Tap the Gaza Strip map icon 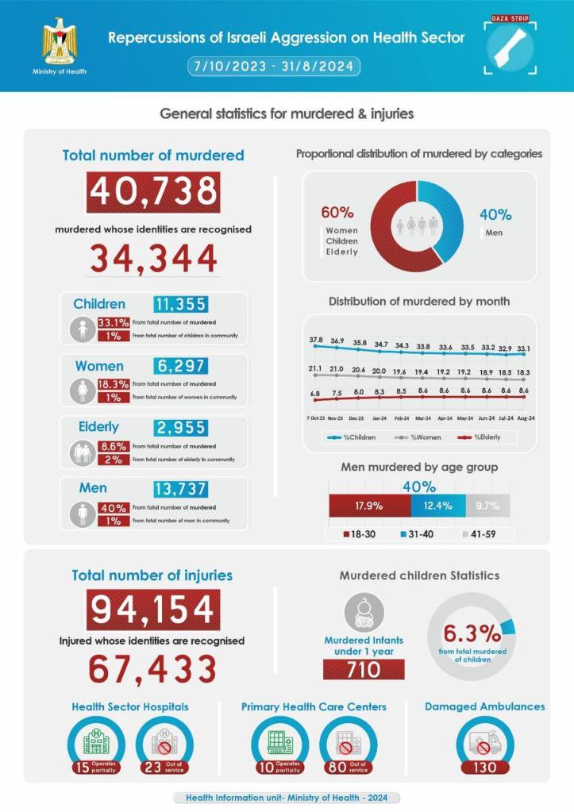point(509,47)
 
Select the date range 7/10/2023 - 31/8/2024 point(275,66)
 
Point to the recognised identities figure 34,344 point(153,258)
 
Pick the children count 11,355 point(180,304)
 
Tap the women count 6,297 point(180,366)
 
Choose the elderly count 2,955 point(180,427)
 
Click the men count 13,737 point(180,488)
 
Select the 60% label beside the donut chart point(337,214)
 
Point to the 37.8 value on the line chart point(315,340)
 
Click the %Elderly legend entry point(484,437)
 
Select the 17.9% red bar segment point(370,506)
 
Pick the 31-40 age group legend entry point(418,533)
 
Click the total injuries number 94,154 point(153,610)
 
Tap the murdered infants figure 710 point(364,670)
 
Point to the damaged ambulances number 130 point(484,767)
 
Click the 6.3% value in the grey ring point(472,633)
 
